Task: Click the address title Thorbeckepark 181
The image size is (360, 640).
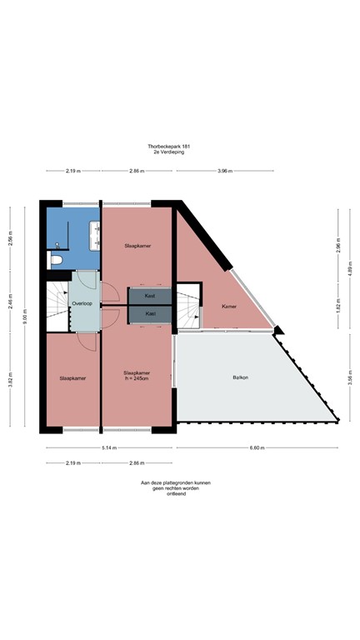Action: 180,147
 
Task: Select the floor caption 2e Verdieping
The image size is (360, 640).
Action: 180,153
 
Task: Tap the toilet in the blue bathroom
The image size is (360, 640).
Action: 57,260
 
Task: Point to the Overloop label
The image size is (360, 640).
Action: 82,304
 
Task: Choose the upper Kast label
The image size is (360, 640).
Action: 150,296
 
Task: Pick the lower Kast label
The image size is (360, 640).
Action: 150,313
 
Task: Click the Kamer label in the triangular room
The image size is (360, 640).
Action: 229,307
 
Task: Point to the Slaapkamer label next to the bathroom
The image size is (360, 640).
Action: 137,246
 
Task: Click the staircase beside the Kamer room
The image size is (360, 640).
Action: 189,307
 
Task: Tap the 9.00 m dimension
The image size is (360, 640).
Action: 26,317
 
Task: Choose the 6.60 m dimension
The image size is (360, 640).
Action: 256,447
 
